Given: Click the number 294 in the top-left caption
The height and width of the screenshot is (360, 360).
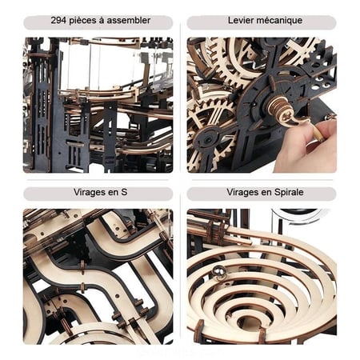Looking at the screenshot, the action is click(x=58, y=21).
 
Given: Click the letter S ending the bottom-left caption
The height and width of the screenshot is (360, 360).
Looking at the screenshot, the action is click(x=124, y=192).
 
